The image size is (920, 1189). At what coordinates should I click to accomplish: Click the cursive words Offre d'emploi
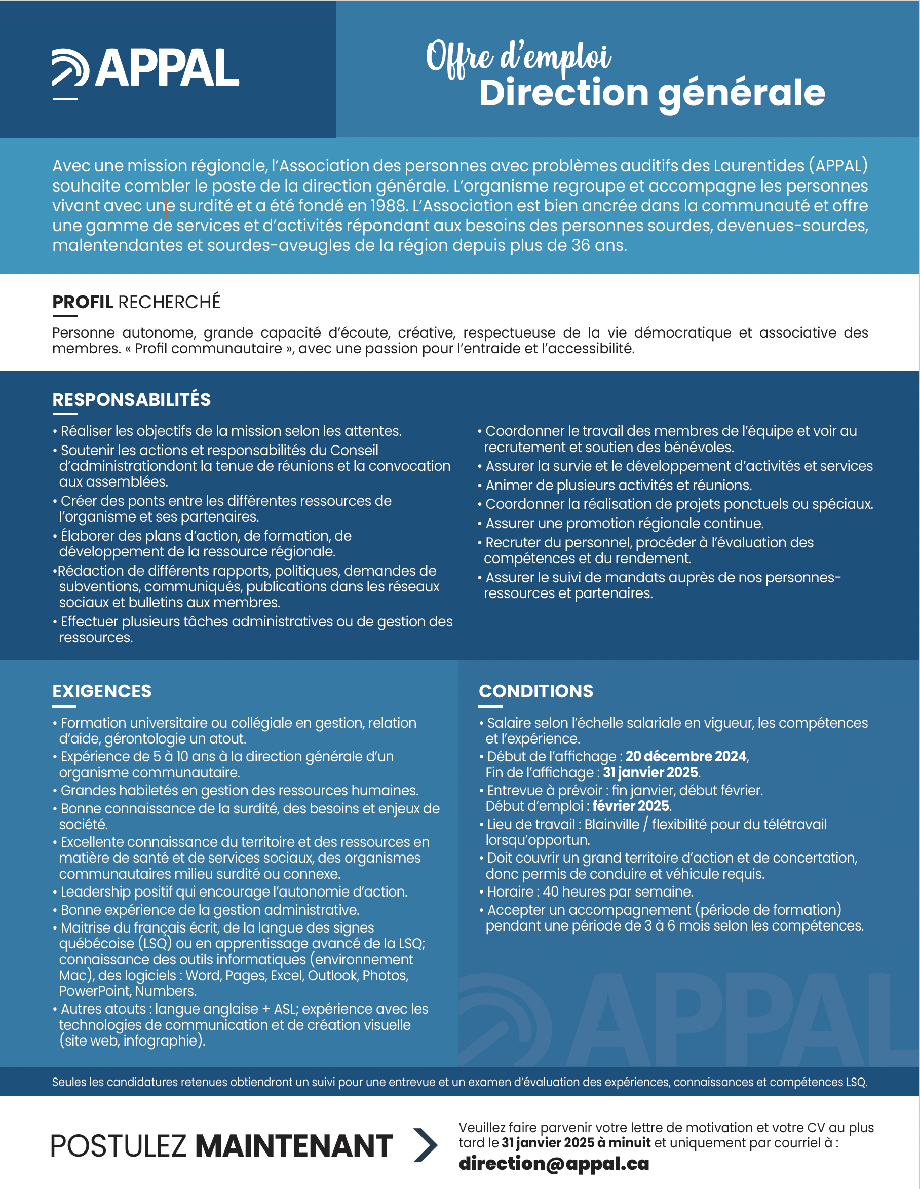pyautogui.click(x=518, y=57)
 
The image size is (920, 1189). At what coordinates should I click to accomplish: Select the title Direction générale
pyautogui.click(x=652, y=93)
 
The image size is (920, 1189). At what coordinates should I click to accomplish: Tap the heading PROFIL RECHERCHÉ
pyautogui.click(x=136, y=302)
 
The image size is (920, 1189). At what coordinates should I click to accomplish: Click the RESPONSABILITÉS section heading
pyautogui.click(x=132, y=399)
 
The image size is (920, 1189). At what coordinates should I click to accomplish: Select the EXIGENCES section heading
pyautogui.click(x=102, y=691)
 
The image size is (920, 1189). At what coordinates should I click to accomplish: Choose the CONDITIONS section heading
pyautogui.click(x=536, y=691)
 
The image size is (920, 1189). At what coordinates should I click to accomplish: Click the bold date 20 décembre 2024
pyautogui.click(x=686, y=756)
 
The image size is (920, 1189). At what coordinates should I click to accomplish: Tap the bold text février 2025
pyautogui.click(x=631, y=806)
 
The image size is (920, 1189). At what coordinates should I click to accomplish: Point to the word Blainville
pyautogui.click(x=611, y=824)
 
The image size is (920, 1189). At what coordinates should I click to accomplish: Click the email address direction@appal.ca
pyautogui.click(x=554, y=1164)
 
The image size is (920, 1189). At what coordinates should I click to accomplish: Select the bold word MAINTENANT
pyautogui.click(x=294, y=1145)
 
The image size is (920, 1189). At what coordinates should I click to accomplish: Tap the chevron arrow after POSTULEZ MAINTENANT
pyautogui.click(x=425, y=1145)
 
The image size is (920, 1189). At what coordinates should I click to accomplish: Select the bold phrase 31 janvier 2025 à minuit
pyautogui.click(x=576, y=1142)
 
